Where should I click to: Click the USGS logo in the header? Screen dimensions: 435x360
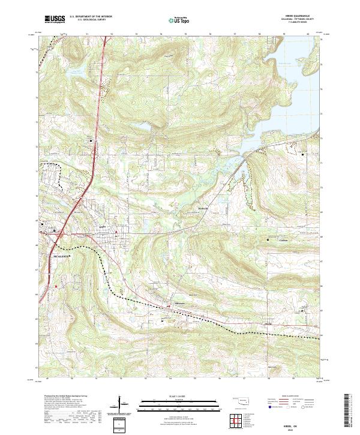[54, 19]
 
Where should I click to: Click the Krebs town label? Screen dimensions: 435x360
[102, 226]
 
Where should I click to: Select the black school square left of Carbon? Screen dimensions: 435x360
[267, 240]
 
